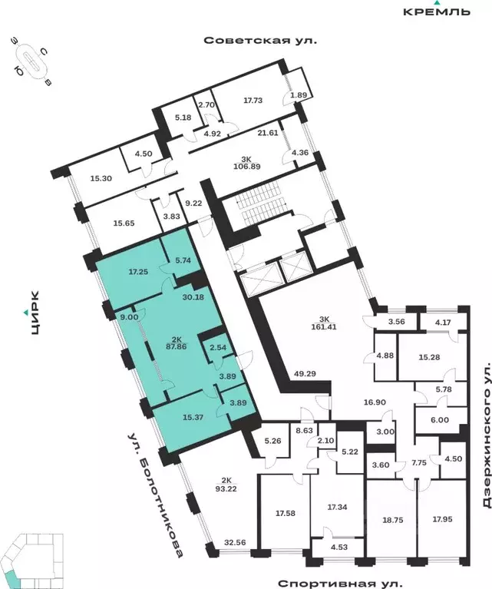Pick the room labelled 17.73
(x=253, y=100)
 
